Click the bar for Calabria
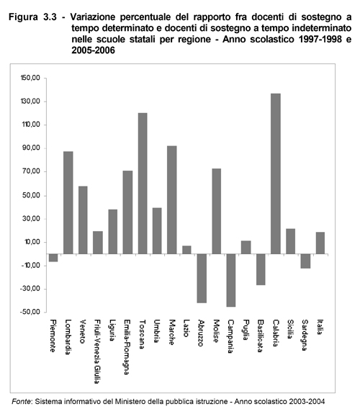tap(276, 174)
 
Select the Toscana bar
tap(143, 184)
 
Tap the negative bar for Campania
tap(231, 280)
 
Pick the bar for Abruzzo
tap(202, 279)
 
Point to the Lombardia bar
tap(68, 202)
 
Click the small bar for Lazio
tap(186, 250)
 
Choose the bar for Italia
tap(320, 243)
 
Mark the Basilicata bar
tap(261, 269)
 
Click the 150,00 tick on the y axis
tap(30, 78)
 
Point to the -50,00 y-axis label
tap(30, 312)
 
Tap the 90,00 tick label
tap(32, 148)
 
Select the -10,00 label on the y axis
tap(30, 265)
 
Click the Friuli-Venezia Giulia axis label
tap(98, 351)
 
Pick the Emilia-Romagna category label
tap(127, 347)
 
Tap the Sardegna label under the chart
tap(305, 335)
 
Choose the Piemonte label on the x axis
tap(53, 336)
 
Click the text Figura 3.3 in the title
tap(32, 17)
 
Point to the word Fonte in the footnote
tap(22, 401)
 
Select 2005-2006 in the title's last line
tap(93, 50)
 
